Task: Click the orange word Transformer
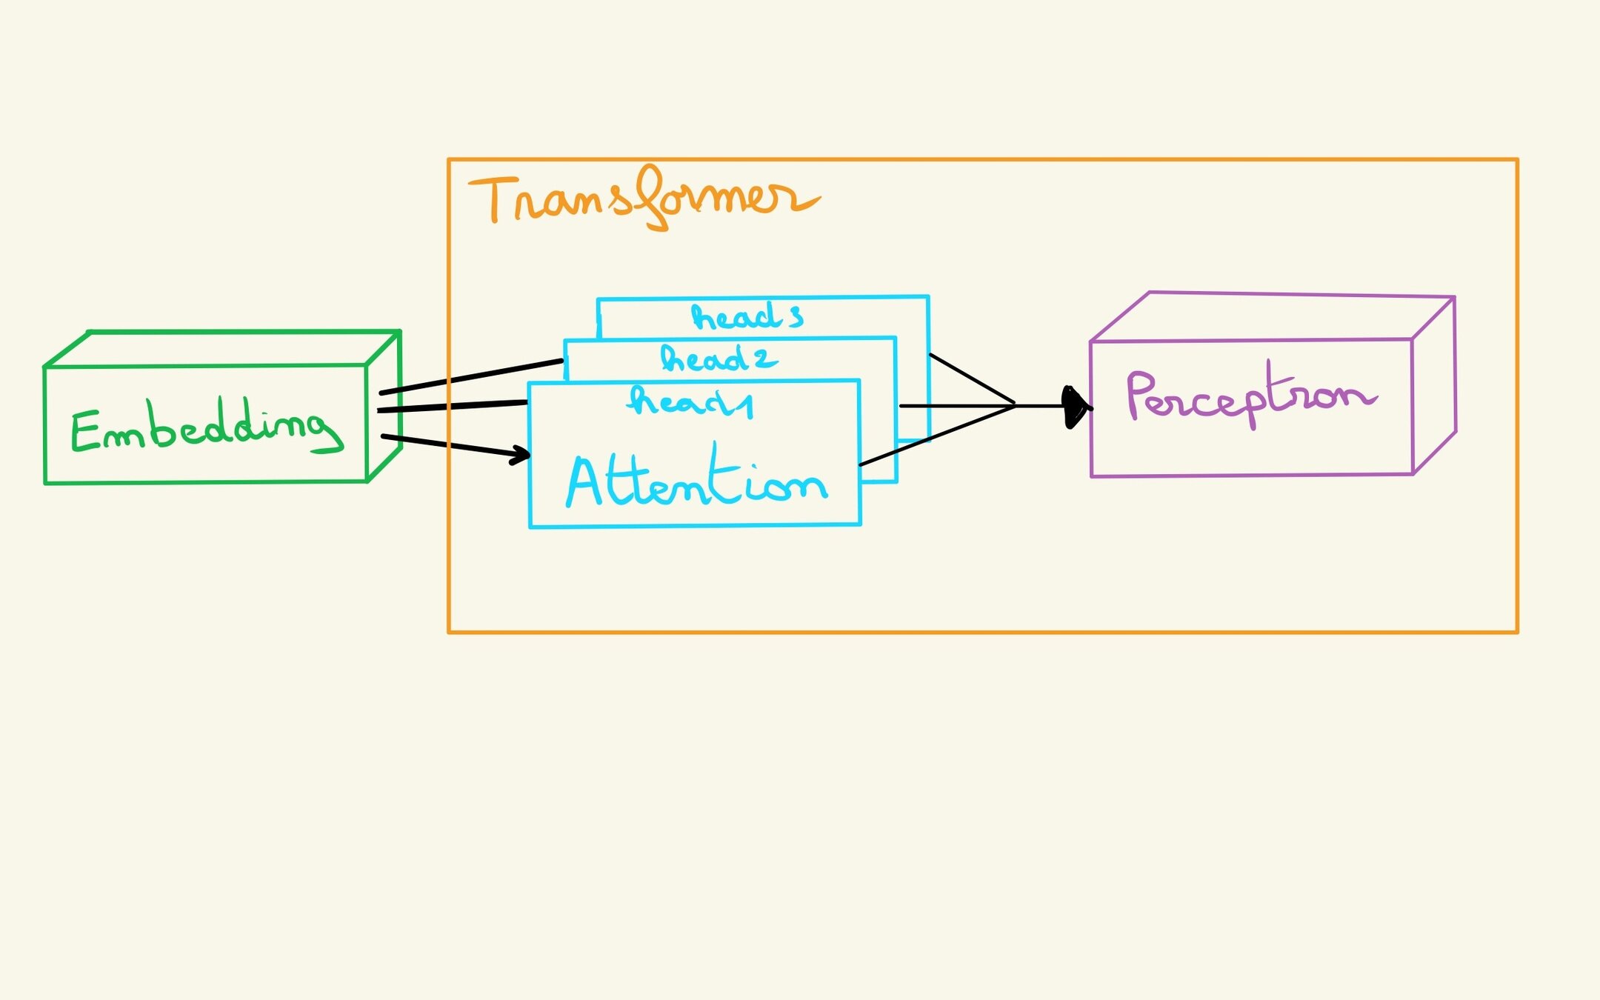click(643, 199)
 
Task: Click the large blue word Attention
click(696, 481)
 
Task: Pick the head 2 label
click(718, 359)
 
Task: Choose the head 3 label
click(747, 317)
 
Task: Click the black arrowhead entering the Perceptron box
click(1076, 407)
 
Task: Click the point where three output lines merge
click(1015, 405)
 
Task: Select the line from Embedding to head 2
click(471, 376)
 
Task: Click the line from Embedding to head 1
click(452, 406)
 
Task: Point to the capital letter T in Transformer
click(492, 198)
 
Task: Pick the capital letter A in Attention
click(585, 481)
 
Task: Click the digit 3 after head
click(796, 319)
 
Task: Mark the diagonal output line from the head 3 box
click(971, 379)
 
